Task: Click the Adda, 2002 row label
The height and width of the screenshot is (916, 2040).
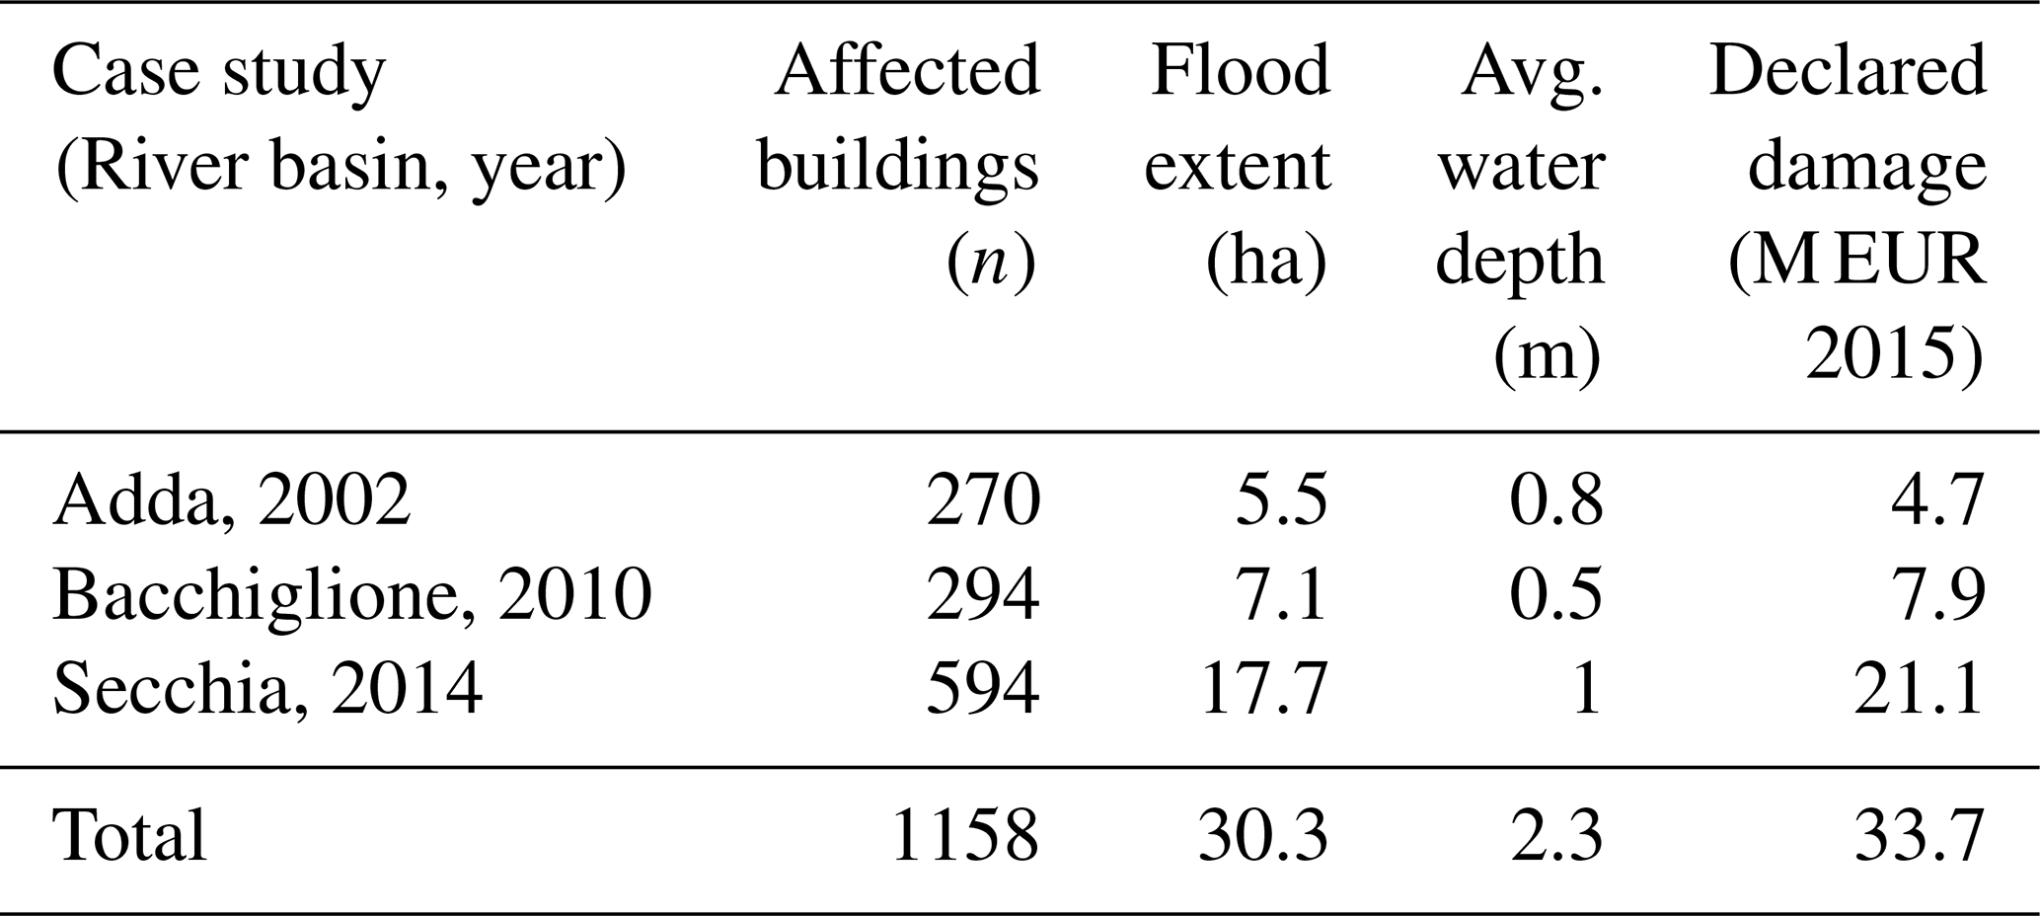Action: [x=231, y=500]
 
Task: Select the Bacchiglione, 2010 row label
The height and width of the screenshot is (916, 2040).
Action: [x=352, y=595]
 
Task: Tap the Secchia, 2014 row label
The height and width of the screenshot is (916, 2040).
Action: [x=267, y=688]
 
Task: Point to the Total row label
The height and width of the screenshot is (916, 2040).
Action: [x=129, y=835]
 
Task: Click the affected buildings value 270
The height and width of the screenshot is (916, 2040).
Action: [x=983, y=500]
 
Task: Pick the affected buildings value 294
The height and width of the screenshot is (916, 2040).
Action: [x=983, y=595]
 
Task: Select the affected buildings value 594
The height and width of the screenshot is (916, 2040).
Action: [x=983, y=688]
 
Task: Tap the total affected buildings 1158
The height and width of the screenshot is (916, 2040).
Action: [x=964, y=835]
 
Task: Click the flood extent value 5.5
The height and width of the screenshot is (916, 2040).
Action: [x=1281, y=500]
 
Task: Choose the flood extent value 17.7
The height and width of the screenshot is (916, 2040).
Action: [x=1263, y=688]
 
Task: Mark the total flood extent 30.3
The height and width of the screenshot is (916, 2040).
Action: [x=1263, y=835]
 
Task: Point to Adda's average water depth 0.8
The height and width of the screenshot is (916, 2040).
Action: [x=1555, y=500]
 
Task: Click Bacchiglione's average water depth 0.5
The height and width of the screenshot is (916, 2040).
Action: [x=1555, y=595]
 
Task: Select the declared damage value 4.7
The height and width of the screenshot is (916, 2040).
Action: [x=1935, y=500]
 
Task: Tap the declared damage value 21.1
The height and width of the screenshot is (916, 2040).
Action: [x=1918, y=688]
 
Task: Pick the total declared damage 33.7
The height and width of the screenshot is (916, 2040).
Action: [x=1918, y=835]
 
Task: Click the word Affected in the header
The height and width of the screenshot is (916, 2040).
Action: [x=907, y=71]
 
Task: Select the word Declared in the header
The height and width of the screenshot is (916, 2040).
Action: [x=1847, y=71]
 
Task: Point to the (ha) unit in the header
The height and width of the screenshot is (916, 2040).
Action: [x=1267, y=261]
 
